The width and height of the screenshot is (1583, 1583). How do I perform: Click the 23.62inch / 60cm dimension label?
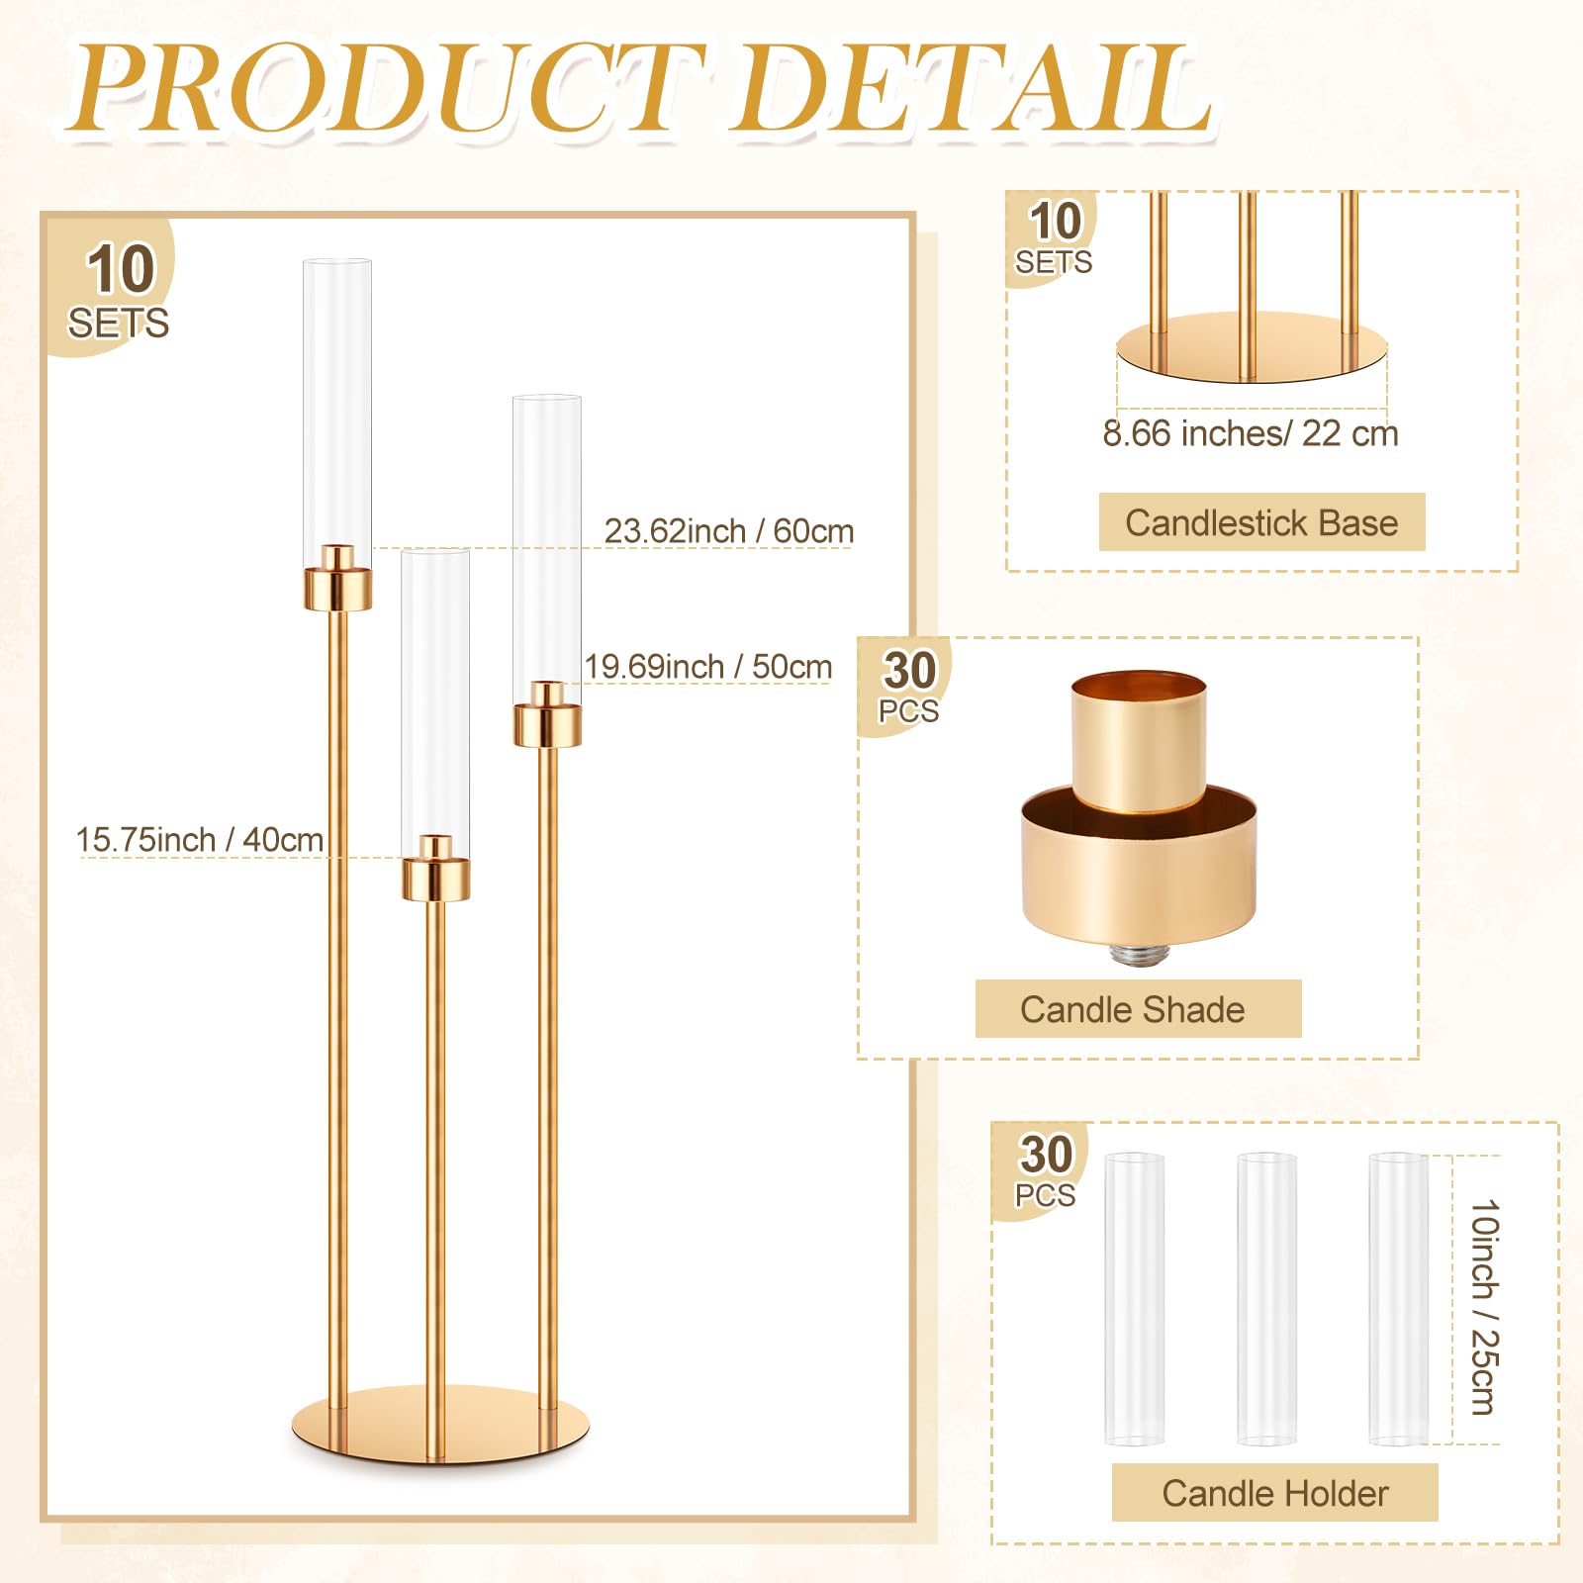tap(729, 531)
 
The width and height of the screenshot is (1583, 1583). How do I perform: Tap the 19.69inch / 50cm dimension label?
tap(707, 667)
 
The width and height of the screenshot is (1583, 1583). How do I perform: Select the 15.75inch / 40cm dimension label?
tap(200, 840)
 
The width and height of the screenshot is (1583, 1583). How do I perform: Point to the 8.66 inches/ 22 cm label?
tap(1251, 433)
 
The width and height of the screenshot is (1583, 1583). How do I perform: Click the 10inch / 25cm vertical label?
tap(1484, 1307)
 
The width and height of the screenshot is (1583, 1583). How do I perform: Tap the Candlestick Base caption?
tap(1261, 522)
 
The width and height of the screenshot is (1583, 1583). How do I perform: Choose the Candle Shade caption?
tap(1133, 1009)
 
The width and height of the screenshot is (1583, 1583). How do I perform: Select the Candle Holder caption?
tap(1275, 1493)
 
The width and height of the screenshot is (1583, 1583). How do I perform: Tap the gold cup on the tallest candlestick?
tap(337, 577)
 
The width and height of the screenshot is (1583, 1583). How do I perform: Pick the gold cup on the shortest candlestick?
tap(435, 869)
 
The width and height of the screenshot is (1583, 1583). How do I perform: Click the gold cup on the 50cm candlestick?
tap(547, 713)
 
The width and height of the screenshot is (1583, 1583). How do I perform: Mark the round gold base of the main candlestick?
tap(440, 1425)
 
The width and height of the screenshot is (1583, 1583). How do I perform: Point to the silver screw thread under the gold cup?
tap(1139, 954)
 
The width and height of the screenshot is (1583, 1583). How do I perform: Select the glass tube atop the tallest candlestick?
tap(337, 414)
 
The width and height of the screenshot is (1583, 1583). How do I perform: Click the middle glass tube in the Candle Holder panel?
tap(1266, 1298)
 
